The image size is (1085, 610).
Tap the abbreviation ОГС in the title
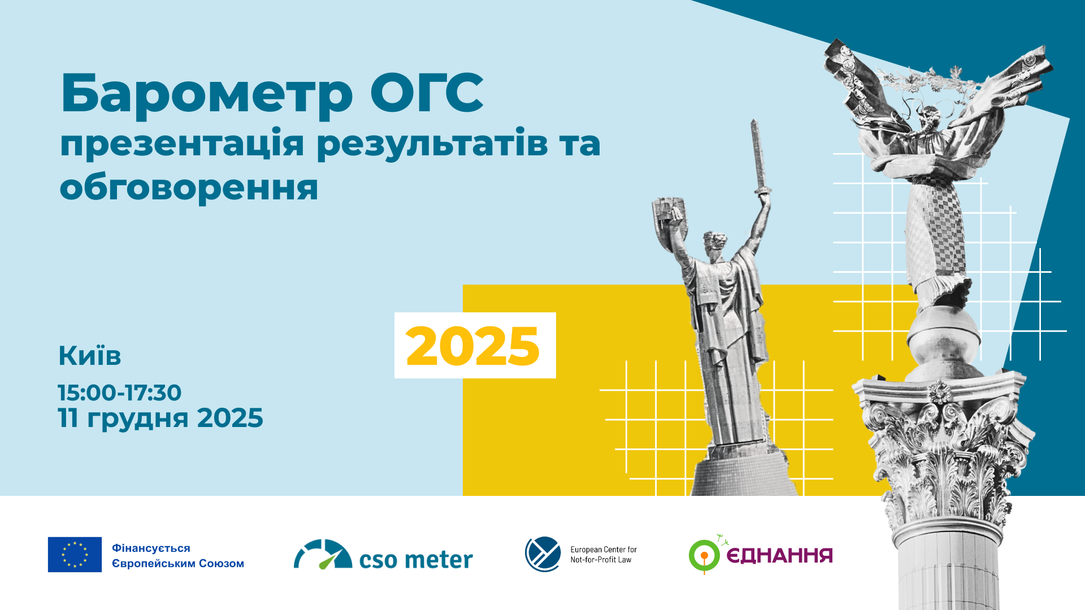pyautogui.click(x=427, y=93)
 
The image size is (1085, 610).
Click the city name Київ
pyautogui.click(x=90, y=356)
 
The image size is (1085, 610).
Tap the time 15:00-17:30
pyautogui.click(x=119, y=393)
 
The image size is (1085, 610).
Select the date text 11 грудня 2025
pyautogui.click(x=160, y=418)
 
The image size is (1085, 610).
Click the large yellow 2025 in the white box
pyautogui.click(x=473, y=346)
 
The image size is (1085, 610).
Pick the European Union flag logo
pyautogui.click(x=75, y=555)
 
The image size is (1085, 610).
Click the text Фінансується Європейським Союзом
pyautogui.click(x=177, y=556)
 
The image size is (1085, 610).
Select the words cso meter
pyautogui.click(x=416, y=560)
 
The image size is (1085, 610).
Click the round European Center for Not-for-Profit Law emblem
pyautogui.click(x=543, y=554)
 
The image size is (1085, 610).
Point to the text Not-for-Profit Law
pyautogui.click(x=601, y=560)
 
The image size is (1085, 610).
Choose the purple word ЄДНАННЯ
pyautogui.click(x=779, y=556)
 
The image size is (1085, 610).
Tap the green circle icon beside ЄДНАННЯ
pyautogui.click(x=704, y=556)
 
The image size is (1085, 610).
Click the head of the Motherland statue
pyautogui.click(x=714, y=244)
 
